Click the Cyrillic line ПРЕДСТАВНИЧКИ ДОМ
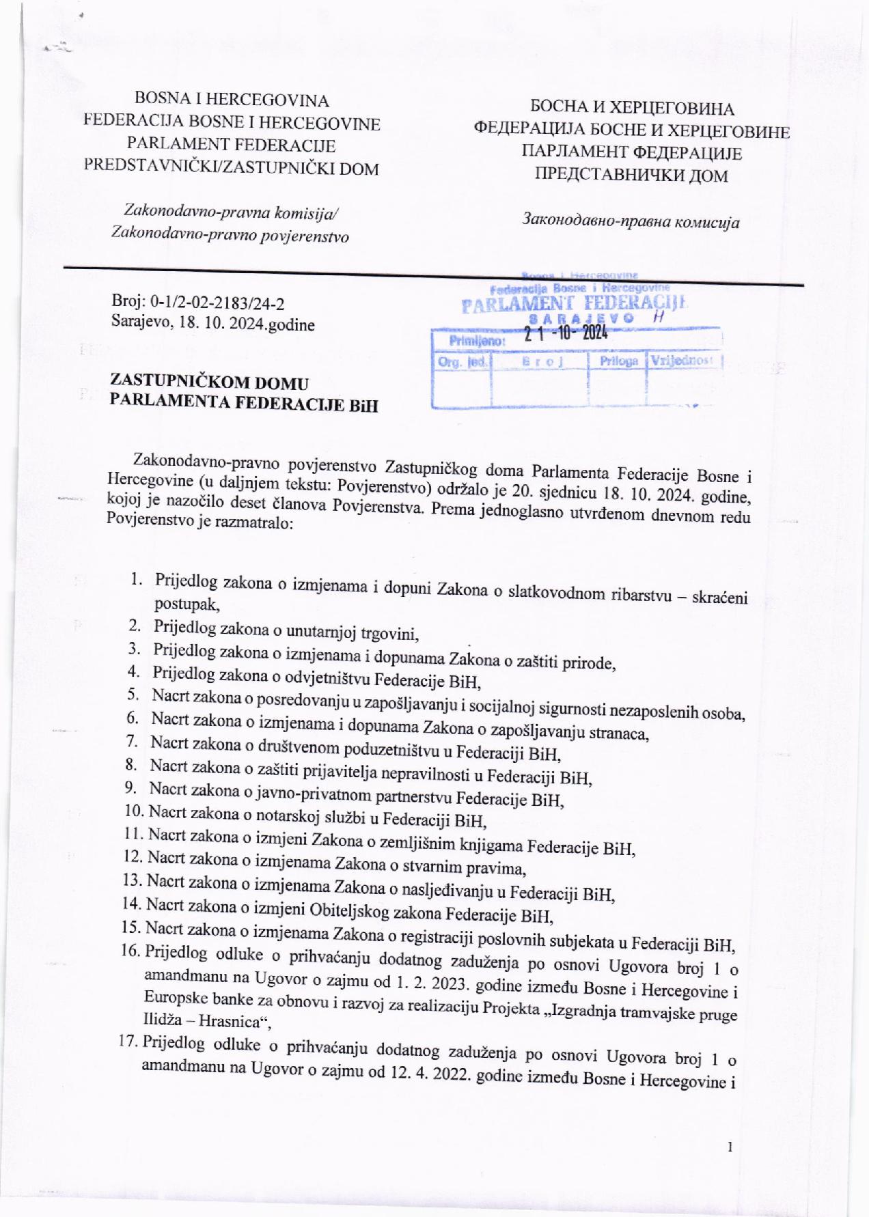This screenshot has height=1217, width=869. click(631, 175)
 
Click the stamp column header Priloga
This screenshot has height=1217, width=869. click(618, 361)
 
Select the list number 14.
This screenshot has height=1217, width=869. click(131, 904)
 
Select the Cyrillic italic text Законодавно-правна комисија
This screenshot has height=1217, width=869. click(631, 221)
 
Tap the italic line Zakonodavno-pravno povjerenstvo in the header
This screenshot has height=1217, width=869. click(230, 236)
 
